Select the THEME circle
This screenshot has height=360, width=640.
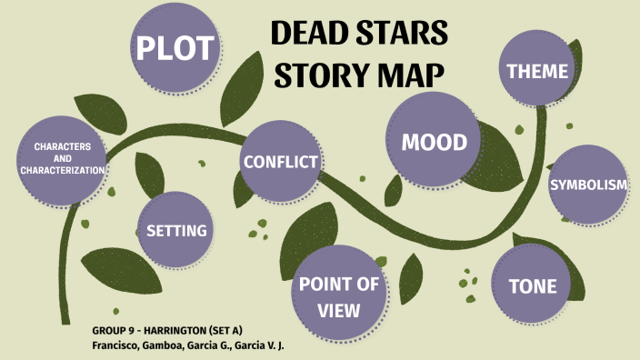(x=536, y=71)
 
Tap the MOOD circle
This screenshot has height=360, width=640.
(x=434, y=142)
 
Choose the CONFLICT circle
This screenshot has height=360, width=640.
(x=280, y=162)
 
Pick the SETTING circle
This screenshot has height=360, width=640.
(x=176, y=230)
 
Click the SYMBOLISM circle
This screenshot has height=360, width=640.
(x=588, y=185)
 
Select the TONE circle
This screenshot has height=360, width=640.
(x=532, y=286)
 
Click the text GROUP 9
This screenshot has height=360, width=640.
(x=115, y=329)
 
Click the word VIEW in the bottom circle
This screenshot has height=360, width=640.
(x=339, y=310)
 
